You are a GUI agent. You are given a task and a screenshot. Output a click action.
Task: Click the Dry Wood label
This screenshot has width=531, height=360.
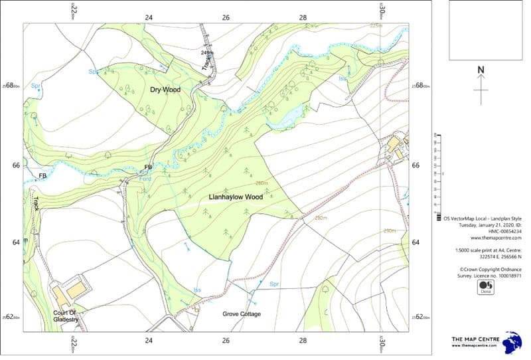165,89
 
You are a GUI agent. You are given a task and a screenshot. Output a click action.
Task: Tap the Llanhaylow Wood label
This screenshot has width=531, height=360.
236,197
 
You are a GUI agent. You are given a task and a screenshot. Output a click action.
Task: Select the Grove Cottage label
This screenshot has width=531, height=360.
242,314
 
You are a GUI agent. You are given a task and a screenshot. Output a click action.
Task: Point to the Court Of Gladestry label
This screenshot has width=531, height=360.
66,316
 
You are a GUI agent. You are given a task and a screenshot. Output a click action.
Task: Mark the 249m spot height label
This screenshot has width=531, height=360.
208,52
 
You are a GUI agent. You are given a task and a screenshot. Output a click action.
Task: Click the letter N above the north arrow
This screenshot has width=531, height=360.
481,70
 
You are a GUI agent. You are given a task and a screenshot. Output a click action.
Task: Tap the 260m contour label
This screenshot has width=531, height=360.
261,183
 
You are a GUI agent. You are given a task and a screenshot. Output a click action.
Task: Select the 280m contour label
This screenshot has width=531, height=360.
321,218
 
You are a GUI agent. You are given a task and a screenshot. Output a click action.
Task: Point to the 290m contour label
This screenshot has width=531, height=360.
389,230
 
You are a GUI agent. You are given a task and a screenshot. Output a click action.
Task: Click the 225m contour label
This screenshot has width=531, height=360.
376,26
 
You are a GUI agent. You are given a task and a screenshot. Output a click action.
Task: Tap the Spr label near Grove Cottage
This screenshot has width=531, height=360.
274,284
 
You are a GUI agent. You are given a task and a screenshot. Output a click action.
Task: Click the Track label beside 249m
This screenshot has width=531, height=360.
206,64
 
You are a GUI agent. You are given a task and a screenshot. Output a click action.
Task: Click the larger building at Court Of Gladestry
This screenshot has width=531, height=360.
76,290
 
